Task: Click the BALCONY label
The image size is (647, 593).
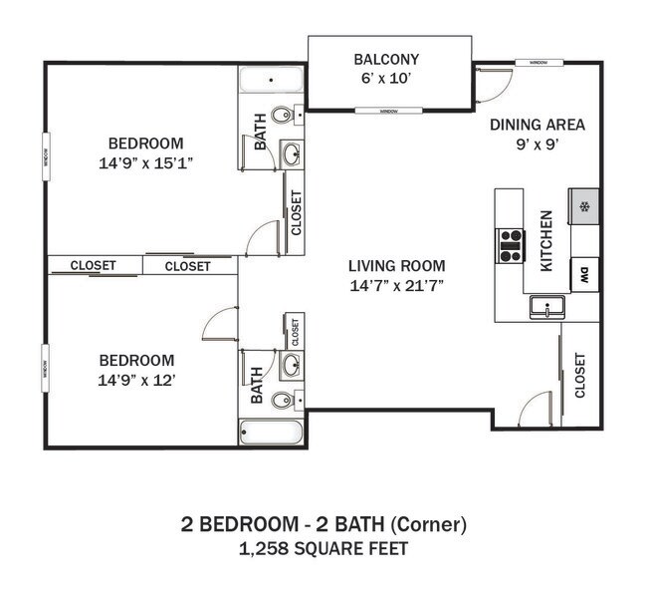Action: pos(386,60)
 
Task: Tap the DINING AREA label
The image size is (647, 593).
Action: pos(537,125)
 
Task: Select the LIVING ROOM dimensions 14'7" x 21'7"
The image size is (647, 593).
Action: pos(396,285)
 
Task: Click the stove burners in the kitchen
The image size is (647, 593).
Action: pos(511,245)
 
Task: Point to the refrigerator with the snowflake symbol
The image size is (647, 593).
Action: pos(584,207)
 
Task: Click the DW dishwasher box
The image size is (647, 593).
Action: pos(584,274)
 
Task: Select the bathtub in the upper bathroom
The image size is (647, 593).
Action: pos(271,80)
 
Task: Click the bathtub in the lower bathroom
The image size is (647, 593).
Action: pos(270,433)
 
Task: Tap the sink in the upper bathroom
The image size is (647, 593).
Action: pos(292,153)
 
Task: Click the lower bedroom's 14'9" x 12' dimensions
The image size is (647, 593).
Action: pos(136,380)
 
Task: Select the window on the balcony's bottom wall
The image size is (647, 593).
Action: pos(385,111)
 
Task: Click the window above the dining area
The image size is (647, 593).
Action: pos(539,62)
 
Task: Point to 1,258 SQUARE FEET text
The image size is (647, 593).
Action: pos(323,548)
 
